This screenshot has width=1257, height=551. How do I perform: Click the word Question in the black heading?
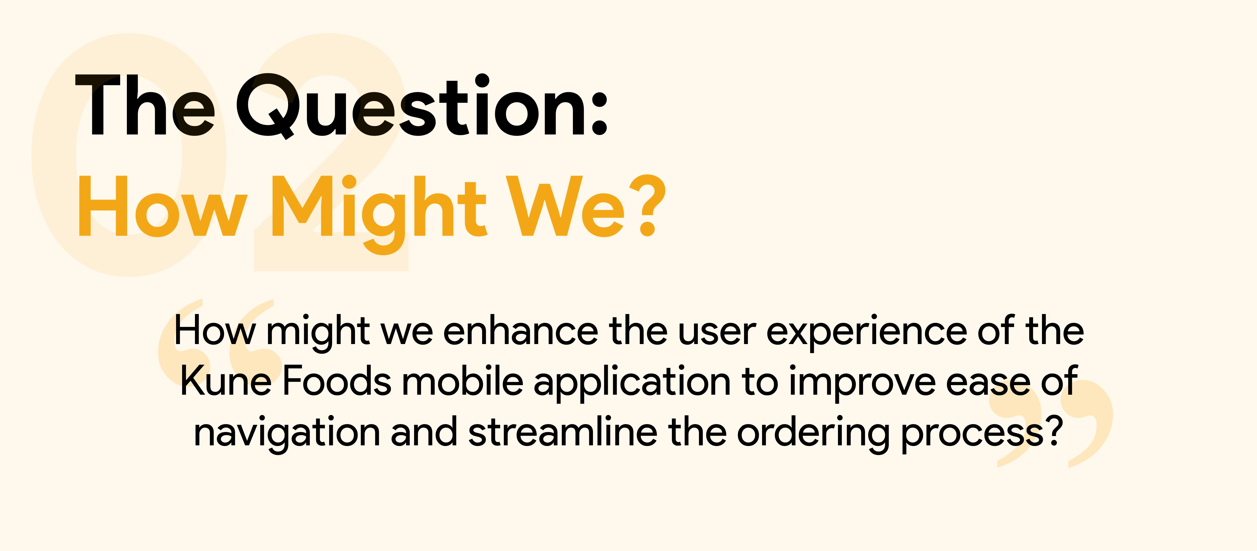click(413, 106)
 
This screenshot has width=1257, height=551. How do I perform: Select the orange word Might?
click(379, 214)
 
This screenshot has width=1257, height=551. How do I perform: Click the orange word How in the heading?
click(162, 206)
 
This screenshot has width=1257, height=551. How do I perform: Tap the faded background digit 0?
click(129, 155)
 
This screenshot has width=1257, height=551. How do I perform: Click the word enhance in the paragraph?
click(521, 331)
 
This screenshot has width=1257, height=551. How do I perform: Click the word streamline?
click(563, 431)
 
